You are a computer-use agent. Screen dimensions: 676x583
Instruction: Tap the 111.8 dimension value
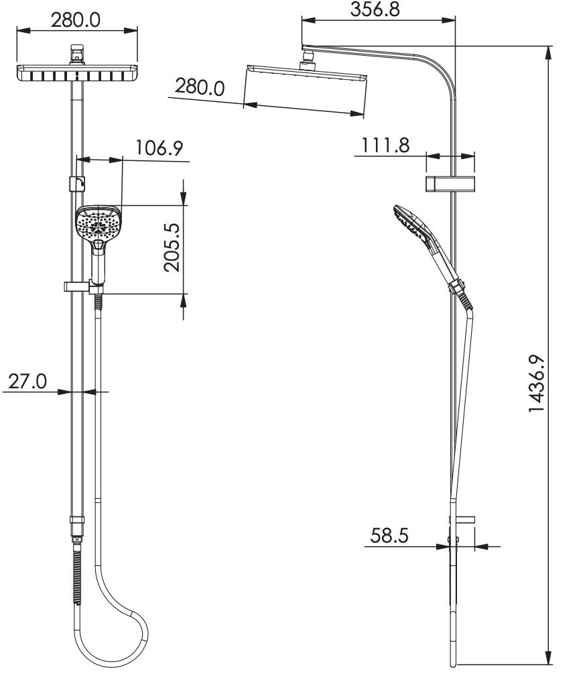(x=386, y=145)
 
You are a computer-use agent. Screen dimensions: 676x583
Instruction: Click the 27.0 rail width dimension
(x=27, y=381)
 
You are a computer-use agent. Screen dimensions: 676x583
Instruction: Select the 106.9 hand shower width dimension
(x=159, y=148)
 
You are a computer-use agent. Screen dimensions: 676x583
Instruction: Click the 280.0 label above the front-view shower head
(x=76, y=19)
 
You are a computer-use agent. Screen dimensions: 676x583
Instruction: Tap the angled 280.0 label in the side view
(x=200, y=87)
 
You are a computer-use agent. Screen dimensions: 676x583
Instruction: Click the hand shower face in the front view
(x=99, y=224)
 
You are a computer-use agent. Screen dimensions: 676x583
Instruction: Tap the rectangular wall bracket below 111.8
(x=449, y=183)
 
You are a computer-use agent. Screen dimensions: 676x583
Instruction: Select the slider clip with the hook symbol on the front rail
(x=77, y=183)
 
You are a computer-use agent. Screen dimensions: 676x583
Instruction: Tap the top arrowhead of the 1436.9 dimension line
(x=549, y=51)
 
